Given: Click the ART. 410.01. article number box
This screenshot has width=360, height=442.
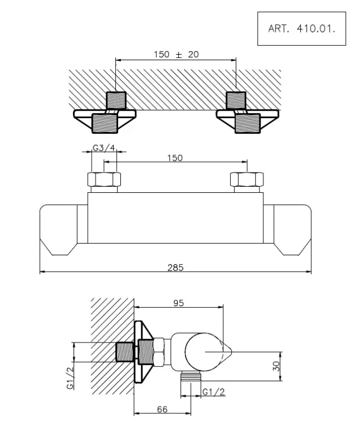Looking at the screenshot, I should coord(301,28).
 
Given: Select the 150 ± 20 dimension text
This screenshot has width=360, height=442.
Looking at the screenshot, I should coord(176,54).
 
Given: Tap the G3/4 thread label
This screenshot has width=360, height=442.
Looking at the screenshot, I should coord(103,148).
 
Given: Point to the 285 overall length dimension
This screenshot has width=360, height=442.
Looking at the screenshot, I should coord(176,267).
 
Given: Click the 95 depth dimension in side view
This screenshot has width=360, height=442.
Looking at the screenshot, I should coord(178,303).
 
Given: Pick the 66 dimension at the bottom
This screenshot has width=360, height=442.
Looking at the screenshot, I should coord(162,409).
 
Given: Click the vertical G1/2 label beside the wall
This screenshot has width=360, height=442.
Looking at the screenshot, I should coord(71,378).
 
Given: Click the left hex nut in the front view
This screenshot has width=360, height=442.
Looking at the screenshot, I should coord(104,180).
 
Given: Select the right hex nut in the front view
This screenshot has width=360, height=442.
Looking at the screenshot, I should coord(247,180).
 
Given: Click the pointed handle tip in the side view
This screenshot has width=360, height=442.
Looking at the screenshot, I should coord(228,350).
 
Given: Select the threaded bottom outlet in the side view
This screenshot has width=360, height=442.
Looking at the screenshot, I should coord(191,377).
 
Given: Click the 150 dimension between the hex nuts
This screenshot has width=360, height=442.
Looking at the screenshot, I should coord(174,158).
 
